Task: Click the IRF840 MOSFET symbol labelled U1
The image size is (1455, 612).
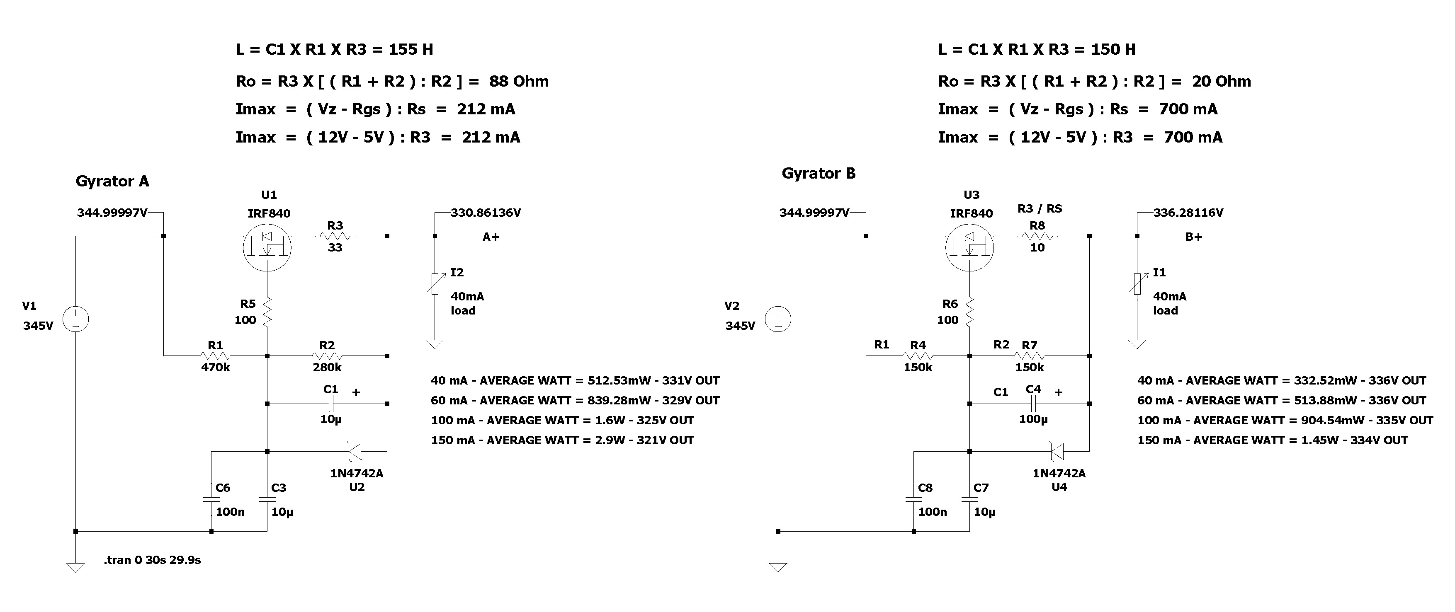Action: [x=267, y=247]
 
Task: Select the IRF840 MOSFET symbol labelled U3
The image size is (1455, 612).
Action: [x=969, y=247]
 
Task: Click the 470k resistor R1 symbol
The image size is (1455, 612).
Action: [x=215, y=356]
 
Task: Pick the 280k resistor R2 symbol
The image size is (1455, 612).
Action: [x=327, y=356]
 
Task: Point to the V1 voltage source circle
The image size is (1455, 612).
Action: [x=75, y=319]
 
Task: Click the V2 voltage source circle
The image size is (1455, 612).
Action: [x=778, y=319]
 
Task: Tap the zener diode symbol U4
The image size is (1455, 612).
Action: [x=1057, y=452]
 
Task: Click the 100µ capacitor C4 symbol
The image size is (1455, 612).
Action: [x=1033, y=404]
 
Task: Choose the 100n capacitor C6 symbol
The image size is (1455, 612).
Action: [x=211, y=500]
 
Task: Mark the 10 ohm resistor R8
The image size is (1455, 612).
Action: [x=1037, y=237]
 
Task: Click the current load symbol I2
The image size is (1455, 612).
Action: [x=435, y=284]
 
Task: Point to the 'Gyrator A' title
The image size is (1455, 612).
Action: [x=112, y=181]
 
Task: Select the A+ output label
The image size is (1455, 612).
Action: [x=491, y=237]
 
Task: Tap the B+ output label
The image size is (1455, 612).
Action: [x=1193, y=237]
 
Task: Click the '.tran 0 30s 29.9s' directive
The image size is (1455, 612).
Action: [x=153, y=560]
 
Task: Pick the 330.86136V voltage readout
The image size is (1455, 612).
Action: [x=485, y=213]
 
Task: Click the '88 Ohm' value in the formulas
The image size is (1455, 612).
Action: [x=518, y=81]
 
